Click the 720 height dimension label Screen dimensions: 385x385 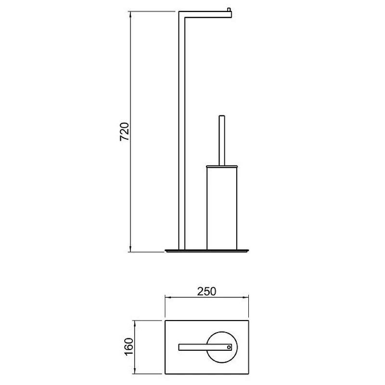tap(125, 131)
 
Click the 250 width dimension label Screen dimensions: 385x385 tap(207, 291)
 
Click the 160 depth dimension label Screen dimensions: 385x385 tap(129, 346)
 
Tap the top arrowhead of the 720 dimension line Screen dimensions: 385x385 tap(130, 14)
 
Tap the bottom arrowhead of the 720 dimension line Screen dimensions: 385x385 tap(130, 249)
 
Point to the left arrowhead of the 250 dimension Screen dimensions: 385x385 tap(168, 297)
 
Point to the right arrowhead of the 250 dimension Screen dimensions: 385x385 tap(245, 297)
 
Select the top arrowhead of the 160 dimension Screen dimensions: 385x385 tap(135, 323)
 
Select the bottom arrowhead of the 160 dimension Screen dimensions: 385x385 tap(135, 371)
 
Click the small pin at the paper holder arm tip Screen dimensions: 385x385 tap(229, 10)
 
